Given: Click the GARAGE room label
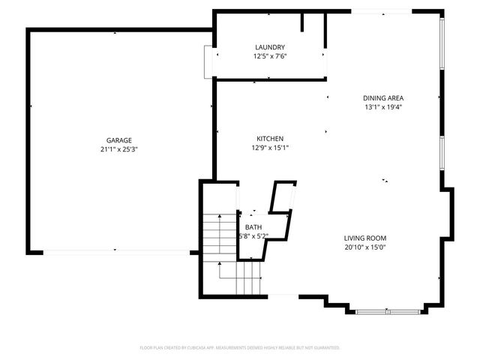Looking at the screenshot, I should tap(118, 140).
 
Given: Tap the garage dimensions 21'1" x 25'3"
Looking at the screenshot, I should tap(118, 149).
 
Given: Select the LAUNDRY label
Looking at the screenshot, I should tap(270, 47).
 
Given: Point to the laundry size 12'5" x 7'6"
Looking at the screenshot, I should tap(270, 56).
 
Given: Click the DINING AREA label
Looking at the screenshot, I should tap(383, 97).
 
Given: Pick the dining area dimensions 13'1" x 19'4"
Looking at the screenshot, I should tap(383, 106).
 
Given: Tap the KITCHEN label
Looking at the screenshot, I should tap(270, 139).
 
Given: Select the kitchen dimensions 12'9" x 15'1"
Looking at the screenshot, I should tap(270, 148).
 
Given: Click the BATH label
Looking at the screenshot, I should tap(253, 227).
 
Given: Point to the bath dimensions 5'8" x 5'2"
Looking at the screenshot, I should tap(253, 236).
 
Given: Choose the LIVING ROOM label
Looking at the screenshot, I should tap(365, 238).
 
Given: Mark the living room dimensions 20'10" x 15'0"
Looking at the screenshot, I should tap(365, 247).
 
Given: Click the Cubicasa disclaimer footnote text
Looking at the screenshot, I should tap(240, 348).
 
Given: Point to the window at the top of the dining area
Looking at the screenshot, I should tap(381, 11).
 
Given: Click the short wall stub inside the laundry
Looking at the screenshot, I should tap(302, 22).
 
